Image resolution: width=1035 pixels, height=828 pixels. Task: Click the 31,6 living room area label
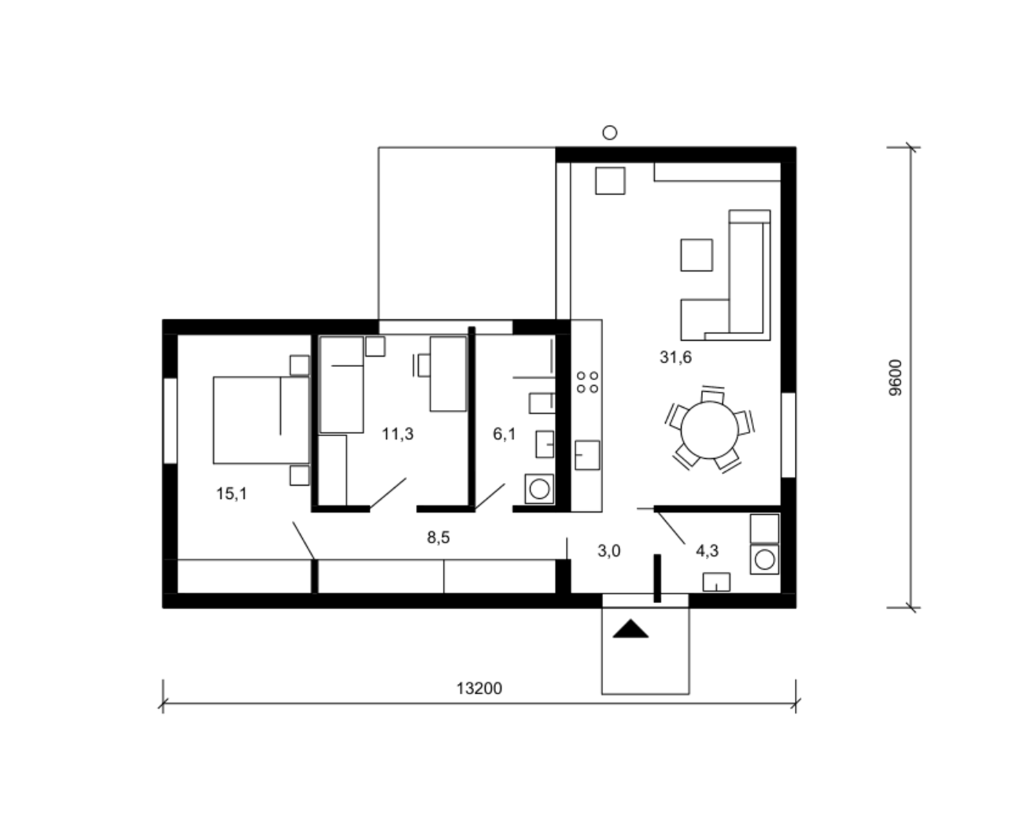pyautogui.click(x=676, y=357)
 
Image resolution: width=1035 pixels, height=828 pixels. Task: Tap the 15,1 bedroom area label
pyautogui.click(x=231, y=493)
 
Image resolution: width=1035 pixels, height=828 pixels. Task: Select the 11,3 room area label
pyautogui.click(x=397, y=434)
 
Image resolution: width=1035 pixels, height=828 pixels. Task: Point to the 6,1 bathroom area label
pyautogui.click(x=504, y=434)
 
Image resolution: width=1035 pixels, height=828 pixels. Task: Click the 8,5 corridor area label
pyautogui.click(x=438, y=538)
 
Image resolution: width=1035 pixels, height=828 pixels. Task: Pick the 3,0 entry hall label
pyautogui.click(x=609, y=551)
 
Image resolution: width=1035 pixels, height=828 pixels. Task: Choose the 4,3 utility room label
pyautogui.click(x=707, y=551)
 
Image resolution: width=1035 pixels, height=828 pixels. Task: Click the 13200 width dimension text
pyautogui.click(x=479, y=689)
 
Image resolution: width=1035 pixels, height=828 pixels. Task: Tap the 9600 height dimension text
pyautogui.click(x=896, y=377)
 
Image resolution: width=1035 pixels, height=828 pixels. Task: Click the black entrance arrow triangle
pyautogui.click(x=631, y=629)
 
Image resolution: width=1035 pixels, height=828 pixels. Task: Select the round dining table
pyautogui.click(x=709, y=430)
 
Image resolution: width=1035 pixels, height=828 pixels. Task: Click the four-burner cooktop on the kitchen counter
pyautogui.click(x=587, y=382)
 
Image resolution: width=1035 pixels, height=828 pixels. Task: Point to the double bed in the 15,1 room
pyautogui.click(x=261, y=420)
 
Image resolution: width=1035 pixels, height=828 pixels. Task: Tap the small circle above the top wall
pyautogui.click(x=609, y=132)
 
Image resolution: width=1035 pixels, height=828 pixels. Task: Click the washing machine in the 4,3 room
pyautogui.click(x=765, y=560)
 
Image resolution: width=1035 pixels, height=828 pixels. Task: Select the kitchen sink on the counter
pyautogui.click(x=587, y=455)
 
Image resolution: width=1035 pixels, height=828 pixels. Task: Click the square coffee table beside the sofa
pyautogui.click(x=696, y=255)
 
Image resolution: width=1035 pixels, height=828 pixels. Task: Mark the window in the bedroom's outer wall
pyautogui.click(x=170, y=421)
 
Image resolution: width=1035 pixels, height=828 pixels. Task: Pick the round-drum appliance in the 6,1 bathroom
pyautogui.click(x=539, y=489)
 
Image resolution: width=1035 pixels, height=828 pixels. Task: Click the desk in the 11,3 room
pyautogui.click(x=448, y=374)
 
